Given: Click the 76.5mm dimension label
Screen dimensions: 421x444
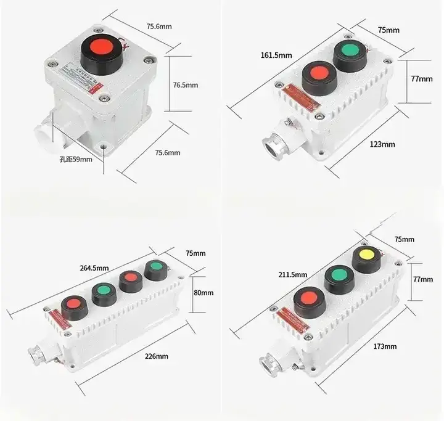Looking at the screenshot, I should click(186, 85).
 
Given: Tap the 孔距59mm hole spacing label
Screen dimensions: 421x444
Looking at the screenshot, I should click(76, 159).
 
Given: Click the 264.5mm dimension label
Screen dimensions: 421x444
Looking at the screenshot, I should click(94, 268).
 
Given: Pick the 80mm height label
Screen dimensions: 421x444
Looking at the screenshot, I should click(202, 293).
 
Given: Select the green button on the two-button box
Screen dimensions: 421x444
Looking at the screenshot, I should click(350, 51).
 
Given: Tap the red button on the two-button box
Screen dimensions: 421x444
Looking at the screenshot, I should click(319, 73).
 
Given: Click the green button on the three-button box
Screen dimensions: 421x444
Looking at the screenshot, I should click(337, 274).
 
